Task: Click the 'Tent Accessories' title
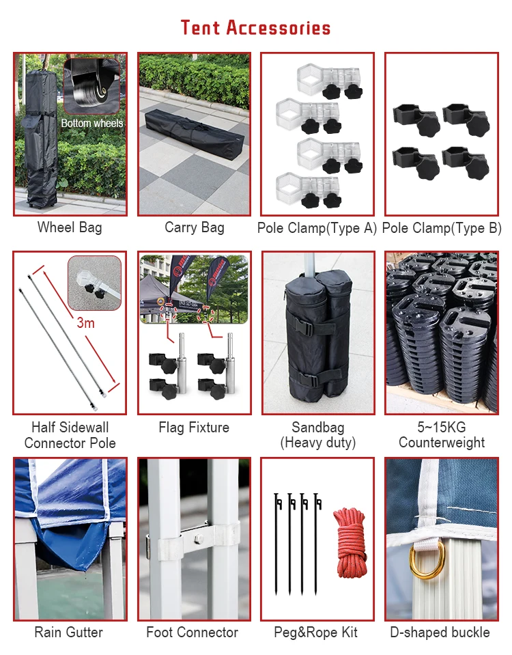pos(255,27)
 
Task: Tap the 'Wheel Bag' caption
pos(70,227)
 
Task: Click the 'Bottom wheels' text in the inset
pos(92,123)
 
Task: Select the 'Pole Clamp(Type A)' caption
pos(317,227)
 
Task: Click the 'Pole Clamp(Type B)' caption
pos(442,227)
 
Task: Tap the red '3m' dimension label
pos(85,322)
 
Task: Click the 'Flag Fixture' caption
pos(194,428)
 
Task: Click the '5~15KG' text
pos(442,427)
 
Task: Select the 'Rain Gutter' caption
pos(68,632)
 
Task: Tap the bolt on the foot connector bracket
pos(198,539)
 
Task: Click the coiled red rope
pos(350,542)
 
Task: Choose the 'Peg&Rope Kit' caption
pos(315,632)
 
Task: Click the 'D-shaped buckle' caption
pos(440,632)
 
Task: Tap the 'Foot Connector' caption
pos(192,632)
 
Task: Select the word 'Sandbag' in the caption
pos(318,428)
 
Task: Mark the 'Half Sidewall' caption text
pos(70,428)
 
